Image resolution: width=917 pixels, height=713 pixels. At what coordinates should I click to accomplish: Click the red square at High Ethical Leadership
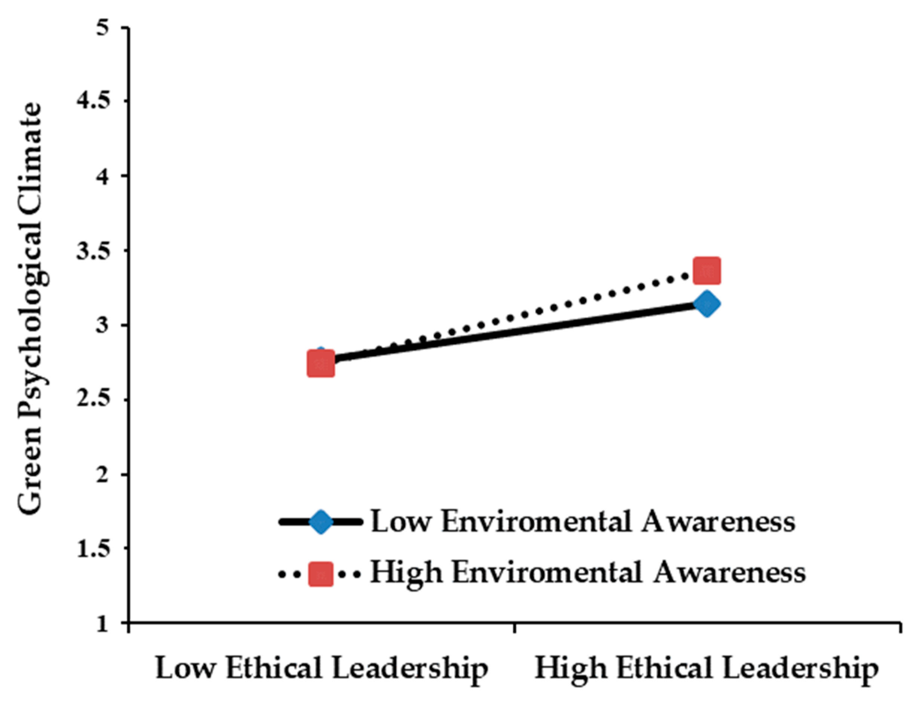[707, 271]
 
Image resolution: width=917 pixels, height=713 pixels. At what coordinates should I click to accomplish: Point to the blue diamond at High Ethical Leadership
[707, 304]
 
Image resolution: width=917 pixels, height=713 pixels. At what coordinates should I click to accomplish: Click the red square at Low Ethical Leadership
[321, 364]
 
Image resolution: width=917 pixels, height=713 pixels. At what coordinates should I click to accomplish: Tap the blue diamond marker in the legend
[321, 522]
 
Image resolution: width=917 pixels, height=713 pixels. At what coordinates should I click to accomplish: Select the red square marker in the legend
[321, 574]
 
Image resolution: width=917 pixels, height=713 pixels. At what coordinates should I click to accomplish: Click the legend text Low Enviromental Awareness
[583, 522]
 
